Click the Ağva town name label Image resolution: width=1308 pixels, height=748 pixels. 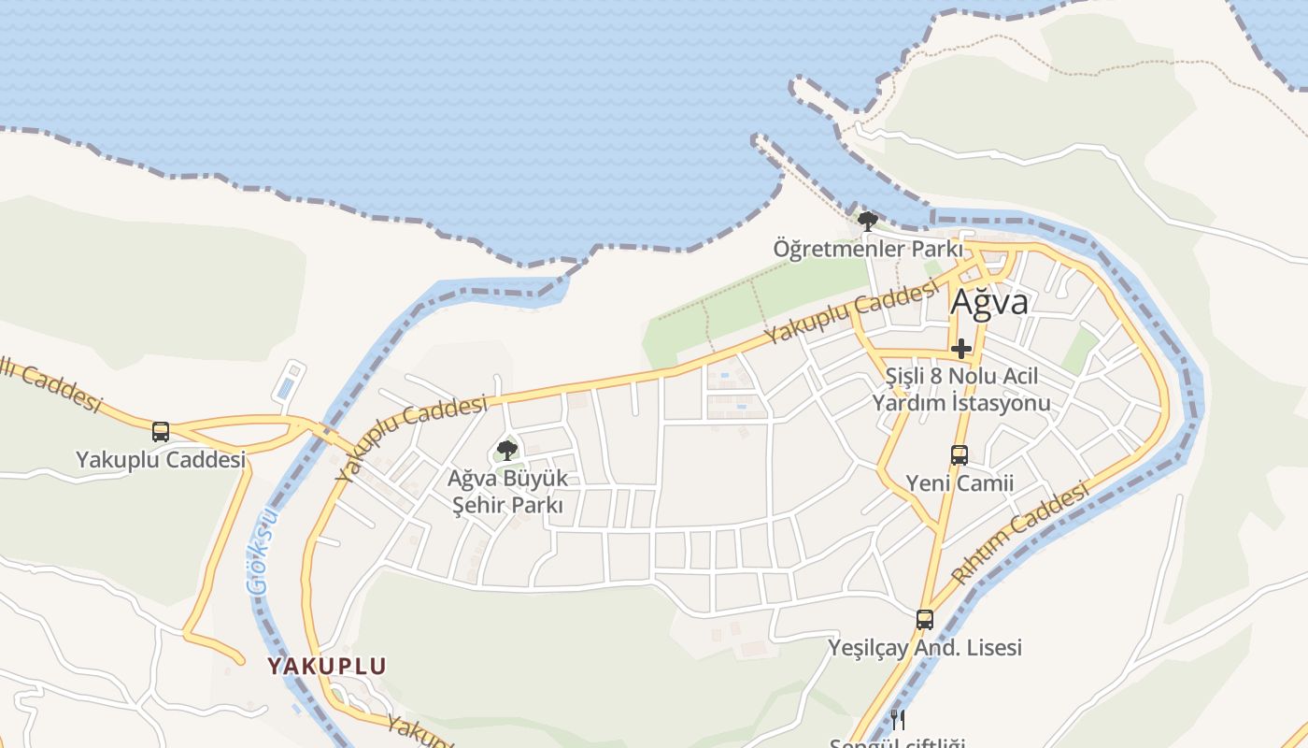(x=989, y=302)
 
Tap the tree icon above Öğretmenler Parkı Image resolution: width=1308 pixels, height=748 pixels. (x=868, y=223)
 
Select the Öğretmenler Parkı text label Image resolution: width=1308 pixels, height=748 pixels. (x=868, y=250)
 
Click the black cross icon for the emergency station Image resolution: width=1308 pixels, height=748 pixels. (x=961, y=350)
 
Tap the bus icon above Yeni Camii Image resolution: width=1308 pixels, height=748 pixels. (x=960, y=455)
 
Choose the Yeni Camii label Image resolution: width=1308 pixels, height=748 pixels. (x=960, y=483)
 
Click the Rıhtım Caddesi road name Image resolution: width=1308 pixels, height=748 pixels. (x=1020, y=532)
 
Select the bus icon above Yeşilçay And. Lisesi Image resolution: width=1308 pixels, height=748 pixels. (x=925, y=619)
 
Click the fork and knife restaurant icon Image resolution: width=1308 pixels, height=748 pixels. (x=898, y=719)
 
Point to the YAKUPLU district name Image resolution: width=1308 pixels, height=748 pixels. (x=327, y=667)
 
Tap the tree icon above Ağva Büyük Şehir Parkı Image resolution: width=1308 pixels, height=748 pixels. (x=507, y=451)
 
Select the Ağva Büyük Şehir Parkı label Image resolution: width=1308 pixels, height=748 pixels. (x=507, y=492)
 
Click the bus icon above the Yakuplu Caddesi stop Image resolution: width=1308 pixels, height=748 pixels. (x=161, y=432)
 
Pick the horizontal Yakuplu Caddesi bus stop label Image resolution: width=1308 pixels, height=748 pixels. (x=161, y=460)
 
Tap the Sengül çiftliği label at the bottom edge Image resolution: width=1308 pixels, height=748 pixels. (x=897, y=743)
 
